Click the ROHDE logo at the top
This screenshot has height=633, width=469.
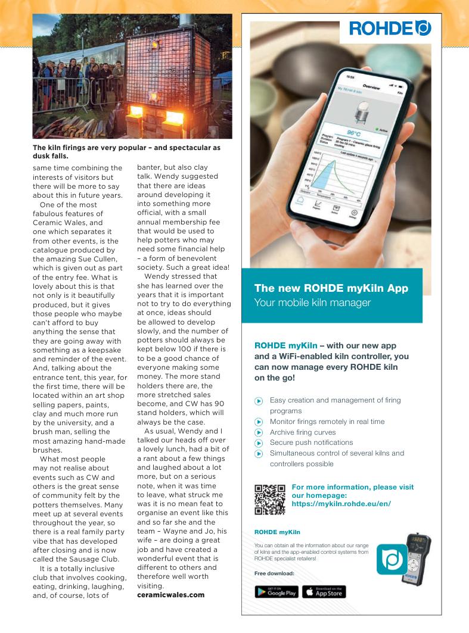coord(390,28)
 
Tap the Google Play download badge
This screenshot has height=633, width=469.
coord(276,591)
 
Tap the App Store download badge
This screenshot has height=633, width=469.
coord(324,591)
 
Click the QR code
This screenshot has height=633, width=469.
coord(269,500)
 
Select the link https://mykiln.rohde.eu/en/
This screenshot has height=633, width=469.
coord(341,504)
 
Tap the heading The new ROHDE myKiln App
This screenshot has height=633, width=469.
coord(331,288)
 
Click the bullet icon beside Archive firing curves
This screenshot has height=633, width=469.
coord(259,432)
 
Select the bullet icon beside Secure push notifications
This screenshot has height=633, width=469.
coord(259,443)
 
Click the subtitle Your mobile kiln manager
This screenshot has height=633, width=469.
coord(312,303)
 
